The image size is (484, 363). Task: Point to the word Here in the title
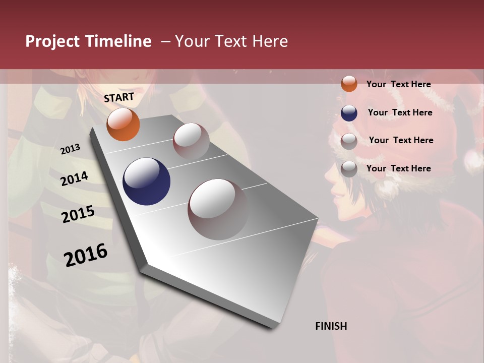(x=269, y=41)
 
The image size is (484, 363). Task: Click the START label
(x=119, y=97)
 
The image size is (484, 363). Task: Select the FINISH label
(x=331, y=326)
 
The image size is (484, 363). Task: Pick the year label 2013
(x=70, y=149)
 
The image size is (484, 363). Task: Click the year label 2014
(x=74, y=178)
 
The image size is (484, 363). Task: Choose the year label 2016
(x=86, y=255)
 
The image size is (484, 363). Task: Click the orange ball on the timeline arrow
(x=123, y=124)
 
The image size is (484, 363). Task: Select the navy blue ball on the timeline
(x=146, y=181)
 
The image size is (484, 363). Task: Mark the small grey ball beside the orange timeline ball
(x=191, y=141)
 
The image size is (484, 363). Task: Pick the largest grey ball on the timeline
(x=218, y=209)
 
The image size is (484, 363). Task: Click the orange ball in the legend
(x=349, y=84)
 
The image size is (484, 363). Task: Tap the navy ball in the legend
(x=349, y=112)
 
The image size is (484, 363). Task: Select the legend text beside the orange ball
(x=398, y=84)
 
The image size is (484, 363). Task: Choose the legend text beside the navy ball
(x=400, y=112)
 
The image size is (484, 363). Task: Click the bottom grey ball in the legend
(x=349, y=169)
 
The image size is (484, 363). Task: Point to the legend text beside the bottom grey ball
(x=398, y=168)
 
